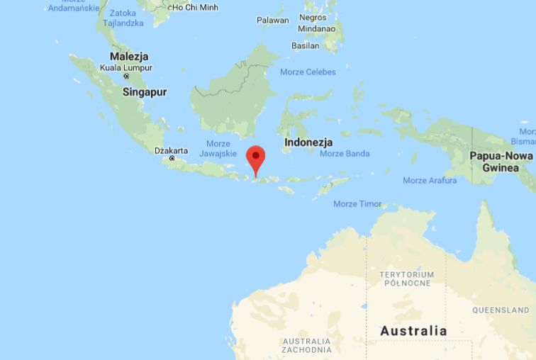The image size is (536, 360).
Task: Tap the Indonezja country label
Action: click(x=308, y=142)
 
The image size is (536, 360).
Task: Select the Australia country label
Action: click(x=413, y=330)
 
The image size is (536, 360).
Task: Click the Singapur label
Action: click(x=145, y=92)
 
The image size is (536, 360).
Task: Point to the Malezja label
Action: click(x=129, y=56)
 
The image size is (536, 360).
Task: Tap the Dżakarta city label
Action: click(x=171, y=150)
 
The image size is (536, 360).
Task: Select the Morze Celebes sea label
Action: click(x=308, y=72)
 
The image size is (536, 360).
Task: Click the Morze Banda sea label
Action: click(x=345, y=153)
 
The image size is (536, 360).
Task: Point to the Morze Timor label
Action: click(x=357, y=204)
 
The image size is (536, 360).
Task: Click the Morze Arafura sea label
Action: click(x=430, y=181)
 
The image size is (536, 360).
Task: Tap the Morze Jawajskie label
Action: click(x=218, y=148)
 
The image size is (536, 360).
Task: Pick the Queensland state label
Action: click(x=501, y=310)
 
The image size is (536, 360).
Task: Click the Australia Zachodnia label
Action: click(x=306, y=345)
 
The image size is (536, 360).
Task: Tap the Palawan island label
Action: click(x=272, y=21)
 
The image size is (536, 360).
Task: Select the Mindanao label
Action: click(x=316, y=29)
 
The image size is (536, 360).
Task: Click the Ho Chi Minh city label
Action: click(x=194, y=7)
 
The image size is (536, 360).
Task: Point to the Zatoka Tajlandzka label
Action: click(x=123, y=18)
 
